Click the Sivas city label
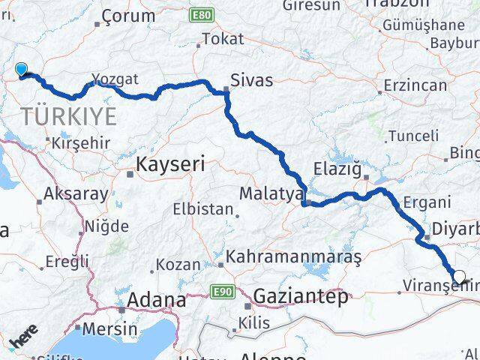tap(252, 79)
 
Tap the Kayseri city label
tap(171, 164)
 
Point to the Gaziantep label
tap(301, 296)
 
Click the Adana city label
tap(157, 300)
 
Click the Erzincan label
tap(415, 85)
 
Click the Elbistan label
tap(203, 209)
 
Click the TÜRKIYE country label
tap(69, 116)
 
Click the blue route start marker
tap(22, 70)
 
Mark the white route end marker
tap(460, 276)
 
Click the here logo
tap(23, 341)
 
